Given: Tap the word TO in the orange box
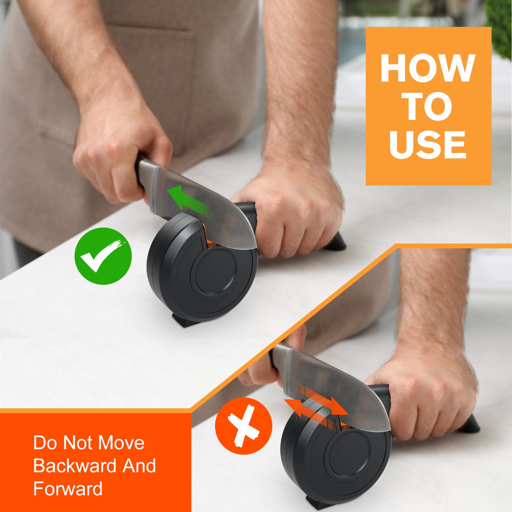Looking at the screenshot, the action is (x=429, y=106).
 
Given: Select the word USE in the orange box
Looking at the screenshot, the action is (x=428, y=145).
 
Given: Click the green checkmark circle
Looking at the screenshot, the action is (x=103, y=256).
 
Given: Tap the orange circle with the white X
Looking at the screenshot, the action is (x=244, y=426).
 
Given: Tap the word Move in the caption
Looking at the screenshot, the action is (x=121, y=443).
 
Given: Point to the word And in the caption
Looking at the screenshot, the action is (x=139, y=466).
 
